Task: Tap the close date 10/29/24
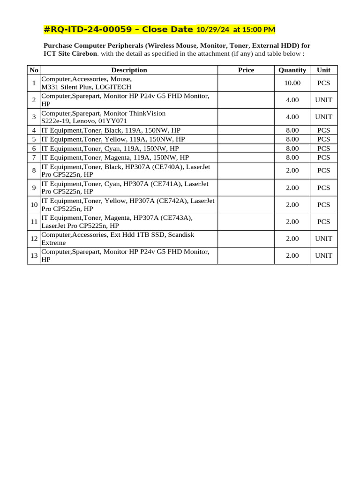click(213, 30)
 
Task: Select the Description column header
click(129, 70)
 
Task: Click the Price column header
click(246, 70)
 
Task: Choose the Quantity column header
click(292, 70)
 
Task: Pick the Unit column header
click(323, 70)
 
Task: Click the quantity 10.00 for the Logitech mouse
click(292, 83)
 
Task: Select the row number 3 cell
click(34, 117)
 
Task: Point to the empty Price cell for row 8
click(246, 171)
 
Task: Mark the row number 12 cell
click(34, 239)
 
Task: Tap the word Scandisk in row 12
click(181, 234)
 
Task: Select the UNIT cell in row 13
click(323, 255)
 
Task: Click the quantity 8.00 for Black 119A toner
click(292, 130)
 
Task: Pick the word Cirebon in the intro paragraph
click(85, 53)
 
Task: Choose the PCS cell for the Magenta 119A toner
click(323, 157)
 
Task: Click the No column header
click(34, 70)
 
